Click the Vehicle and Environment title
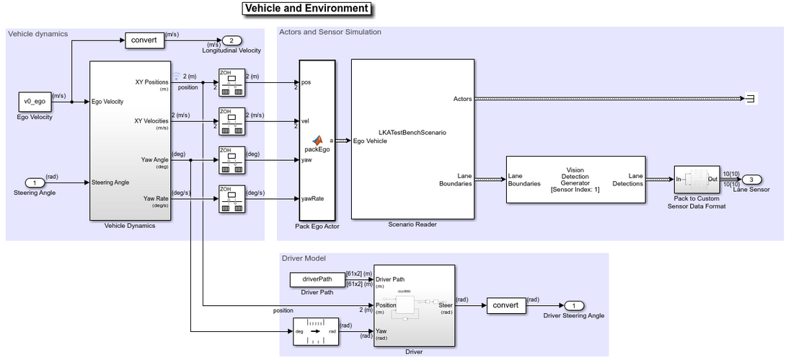tap(306, 9)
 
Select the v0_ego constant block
tap(35, 102)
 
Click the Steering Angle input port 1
tap(34, 183)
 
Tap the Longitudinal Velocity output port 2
tap(231, 40)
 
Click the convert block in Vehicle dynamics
tap(143, 40)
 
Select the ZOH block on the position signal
tap(230, 82)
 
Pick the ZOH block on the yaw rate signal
tap(230, 198)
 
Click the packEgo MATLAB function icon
tap(316, 140)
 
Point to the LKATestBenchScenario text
tap(412, 133)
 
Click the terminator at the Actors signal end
tap(751, 99)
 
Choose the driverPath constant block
tap(317, 279)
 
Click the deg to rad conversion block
tap(316, 331)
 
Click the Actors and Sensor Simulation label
tap(330, 32)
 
